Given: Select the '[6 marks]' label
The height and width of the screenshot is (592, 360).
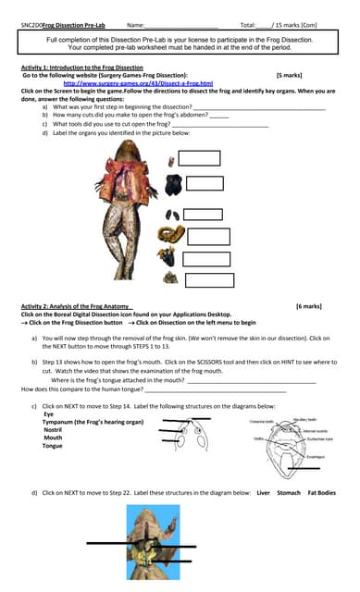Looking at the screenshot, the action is tap(309, 305).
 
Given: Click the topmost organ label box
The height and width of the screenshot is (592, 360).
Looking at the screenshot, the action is tap(198, 158).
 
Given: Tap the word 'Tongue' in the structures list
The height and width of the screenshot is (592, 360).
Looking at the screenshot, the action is tap(53, 446).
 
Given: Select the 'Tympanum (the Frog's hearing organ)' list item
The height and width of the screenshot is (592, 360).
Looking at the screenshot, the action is tap(93, 422).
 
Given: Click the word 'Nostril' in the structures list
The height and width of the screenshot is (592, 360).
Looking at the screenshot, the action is tap(53, 430).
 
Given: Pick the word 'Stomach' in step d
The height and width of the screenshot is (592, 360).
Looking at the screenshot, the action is tap(289, 492).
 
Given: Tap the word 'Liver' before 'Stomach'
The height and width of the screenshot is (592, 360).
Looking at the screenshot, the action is tap(263, 492).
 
